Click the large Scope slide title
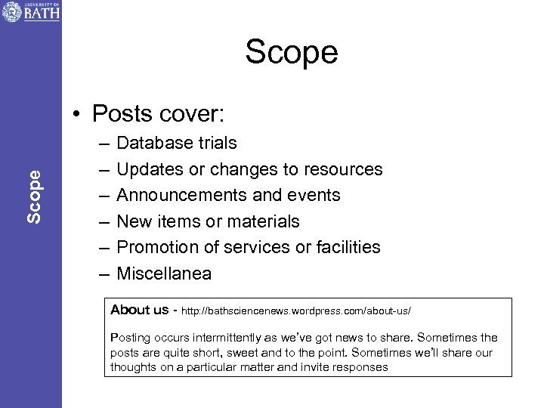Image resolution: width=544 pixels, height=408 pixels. (x=291, y=53)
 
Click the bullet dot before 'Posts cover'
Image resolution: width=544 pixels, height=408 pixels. (x=78, y=114)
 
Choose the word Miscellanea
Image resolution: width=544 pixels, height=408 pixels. (x=164, y=274)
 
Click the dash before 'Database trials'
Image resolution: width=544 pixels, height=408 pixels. (x=102, y=143)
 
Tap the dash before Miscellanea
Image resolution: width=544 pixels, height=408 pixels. (x=102, y=274)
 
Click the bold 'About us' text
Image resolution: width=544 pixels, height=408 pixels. (x=139, y=310)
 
